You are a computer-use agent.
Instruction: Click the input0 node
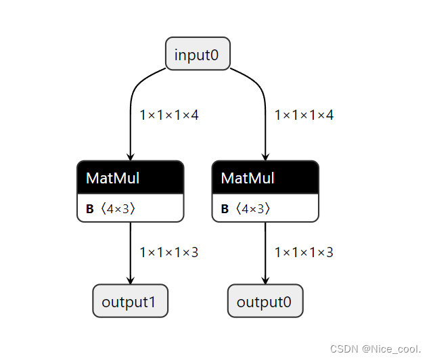(198, 54)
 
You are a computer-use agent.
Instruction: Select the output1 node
(130, 301)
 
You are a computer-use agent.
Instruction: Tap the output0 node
(265, 301)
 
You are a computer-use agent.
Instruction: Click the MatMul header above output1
(130, 177)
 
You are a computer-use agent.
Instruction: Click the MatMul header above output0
(265, 177)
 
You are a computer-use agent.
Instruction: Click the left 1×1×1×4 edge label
(169, 115)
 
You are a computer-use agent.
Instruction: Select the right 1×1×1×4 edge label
(304, 115)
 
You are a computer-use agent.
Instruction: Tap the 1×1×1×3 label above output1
(169, 252)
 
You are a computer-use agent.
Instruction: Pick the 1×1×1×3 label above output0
(304, 252)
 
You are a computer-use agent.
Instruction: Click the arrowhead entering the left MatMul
(130, 156)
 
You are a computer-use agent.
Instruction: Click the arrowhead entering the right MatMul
(265, 156)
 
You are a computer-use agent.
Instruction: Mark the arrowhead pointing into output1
(130, 280)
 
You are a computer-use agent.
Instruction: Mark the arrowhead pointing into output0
(265, 280)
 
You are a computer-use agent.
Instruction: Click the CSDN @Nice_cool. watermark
(376, 348)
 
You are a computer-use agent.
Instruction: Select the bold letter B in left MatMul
(90, 209)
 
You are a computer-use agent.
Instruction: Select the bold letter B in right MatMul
(225, 209)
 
